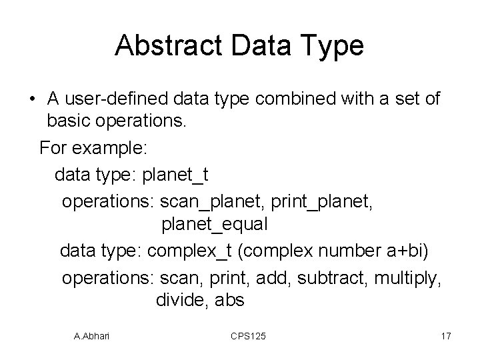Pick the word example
114,147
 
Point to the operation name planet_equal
214,225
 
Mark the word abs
230,301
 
